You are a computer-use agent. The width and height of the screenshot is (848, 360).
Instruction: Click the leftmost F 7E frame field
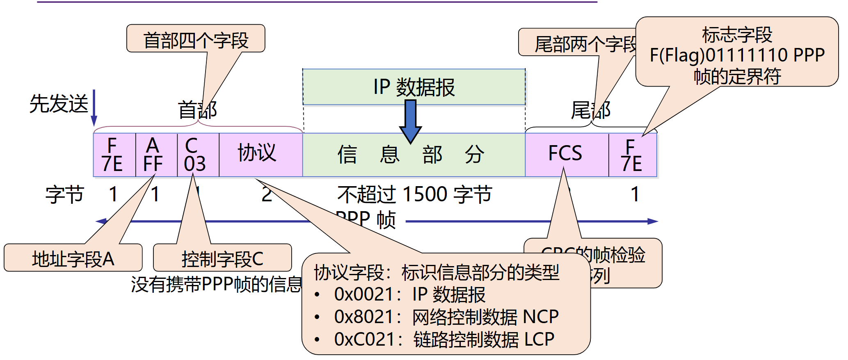(114, 155)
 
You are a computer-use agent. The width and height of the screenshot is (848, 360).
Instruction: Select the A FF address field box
(156, 155)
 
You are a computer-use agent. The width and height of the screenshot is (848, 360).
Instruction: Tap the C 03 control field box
(198, 155)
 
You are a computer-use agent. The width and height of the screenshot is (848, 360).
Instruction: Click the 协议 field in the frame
(260, 154)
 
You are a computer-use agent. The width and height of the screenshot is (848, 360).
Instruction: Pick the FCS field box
(566, 154)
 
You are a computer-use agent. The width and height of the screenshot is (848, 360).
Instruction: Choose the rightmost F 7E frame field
(632, 155)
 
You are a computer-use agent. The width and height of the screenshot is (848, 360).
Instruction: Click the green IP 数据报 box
(414, 87)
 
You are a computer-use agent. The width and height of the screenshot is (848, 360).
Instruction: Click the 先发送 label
(59, 103)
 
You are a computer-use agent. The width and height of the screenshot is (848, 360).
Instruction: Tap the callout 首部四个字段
(196, 39)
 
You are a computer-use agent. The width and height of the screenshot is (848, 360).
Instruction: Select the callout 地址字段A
(73, 258)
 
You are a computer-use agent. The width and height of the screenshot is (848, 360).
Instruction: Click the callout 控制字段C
(222, 258)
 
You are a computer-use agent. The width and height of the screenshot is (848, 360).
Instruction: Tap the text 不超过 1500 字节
(414, 194)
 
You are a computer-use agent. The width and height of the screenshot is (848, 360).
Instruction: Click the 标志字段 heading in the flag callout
(737, 34)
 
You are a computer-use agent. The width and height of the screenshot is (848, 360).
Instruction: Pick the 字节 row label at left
(64, 194)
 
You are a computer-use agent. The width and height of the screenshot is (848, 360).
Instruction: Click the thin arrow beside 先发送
(94, 107)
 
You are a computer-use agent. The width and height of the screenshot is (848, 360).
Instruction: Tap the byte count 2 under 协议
(267, 194)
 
